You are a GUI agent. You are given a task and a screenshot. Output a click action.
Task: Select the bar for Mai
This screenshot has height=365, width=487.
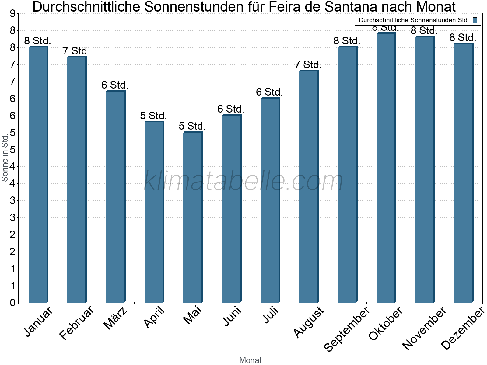pos(192,217)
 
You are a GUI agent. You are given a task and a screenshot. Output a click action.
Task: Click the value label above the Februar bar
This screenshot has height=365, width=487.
pos(76,51)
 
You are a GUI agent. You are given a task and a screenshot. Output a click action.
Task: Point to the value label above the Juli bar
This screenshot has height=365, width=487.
pos(269,92)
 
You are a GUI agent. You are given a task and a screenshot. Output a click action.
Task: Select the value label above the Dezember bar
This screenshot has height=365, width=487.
pos(463,38)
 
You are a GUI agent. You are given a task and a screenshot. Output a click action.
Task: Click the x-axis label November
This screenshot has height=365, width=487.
pos(424,328)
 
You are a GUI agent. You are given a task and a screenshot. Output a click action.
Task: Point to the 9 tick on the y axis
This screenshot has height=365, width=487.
pos(12,13)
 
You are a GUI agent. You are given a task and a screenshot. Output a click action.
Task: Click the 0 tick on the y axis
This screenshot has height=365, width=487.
pos(12,303)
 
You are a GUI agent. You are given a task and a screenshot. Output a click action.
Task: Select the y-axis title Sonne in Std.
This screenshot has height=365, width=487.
pos(5,158)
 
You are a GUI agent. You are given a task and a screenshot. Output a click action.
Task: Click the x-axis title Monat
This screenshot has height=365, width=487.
pos(250,360)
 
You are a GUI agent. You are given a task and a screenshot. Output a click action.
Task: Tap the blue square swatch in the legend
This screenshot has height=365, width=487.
pos(475,20)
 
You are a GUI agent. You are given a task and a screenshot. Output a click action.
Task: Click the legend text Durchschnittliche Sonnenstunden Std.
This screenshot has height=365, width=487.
pos(414,20)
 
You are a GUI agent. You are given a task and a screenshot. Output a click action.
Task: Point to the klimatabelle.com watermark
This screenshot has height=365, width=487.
pos(243,181)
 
